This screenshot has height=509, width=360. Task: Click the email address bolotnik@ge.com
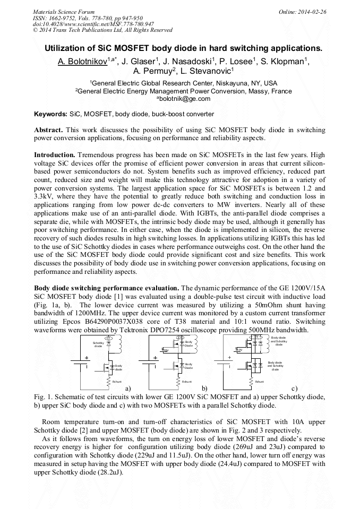tap(181, 99)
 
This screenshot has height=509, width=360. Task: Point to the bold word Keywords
tap(50, 114)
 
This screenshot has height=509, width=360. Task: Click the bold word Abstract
tap(48, 130)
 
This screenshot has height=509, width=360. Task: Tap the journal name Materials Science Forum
tap(64, 11)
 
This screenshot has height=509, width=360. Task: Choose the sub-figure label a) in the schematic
tap(128, 389)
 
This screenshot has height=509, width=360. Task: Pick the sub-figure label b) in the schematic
tap(204, 389)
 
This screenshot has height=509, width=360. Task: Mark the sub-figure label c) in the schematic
tap(295, 389)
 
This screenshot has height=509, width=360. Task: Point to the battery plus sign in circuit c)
tap(229, 357)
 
